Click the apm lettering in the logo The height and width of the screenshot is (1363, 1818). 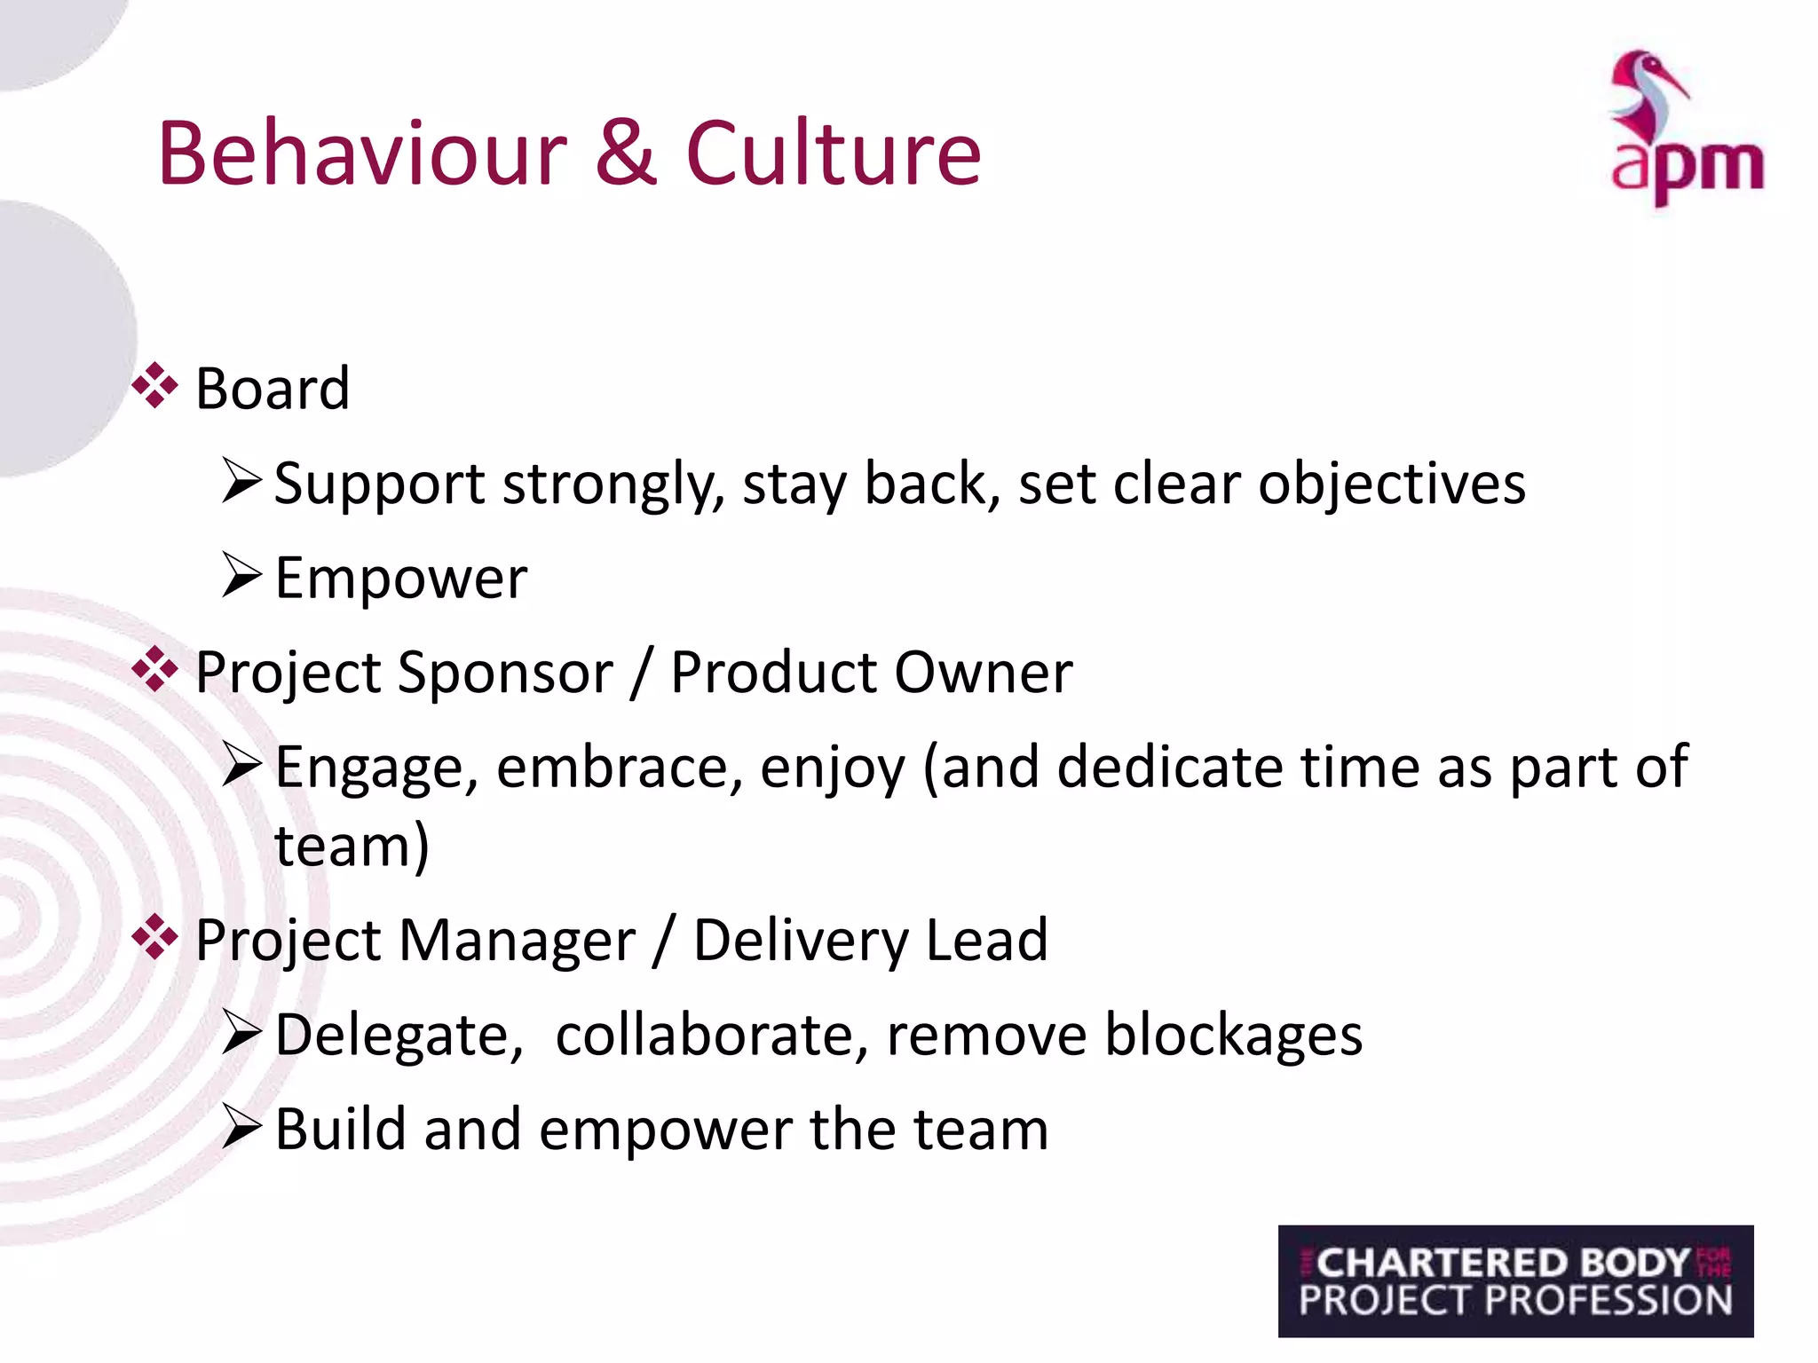tap(1687, 169)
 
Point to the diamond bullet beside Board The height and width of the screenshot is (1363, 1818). tap(154, 386)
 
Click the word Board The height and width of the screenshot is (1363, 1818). tap(273, 389)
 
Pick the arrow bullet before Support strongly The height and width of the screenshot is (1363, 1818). tap(241, 481)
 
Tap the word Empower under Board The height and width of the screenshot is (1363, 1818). tap(401, 579)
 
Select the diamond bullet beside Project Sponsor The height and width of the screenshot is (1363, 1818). tap(154, 670)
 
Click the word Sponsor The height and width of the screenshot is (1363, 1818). tap(505, 673)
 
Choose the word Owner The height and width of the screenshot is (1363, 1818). tap(983, 673)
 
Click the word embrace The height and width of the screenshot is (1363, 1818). tap(619, 767)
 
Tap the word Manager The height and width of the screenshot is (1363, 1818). tap(517, 941)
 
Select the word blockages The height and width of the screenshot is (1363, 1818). tap(1233, 1036)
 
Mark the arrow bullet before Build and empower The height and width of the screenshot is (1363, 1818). tap(241, 1127)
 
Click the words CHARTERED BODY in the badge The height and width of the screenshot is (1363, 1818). tap(1502, 1263)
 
